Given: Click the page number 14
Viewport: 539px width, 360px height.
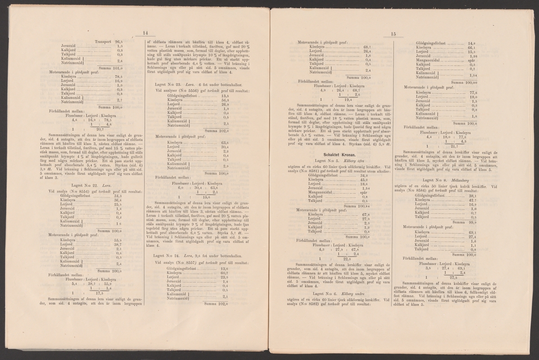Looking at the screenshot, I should (x=145, y=32).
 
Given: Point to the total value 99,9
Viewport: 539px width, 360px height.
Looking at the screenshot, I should (x=470, y=222).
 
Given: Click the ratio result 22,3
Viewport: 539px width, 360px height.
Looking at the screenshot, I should (x=346, y=259).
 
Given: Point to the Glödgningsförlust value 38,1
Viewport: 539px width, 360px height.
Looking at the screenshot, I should (x=472, y=196).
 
